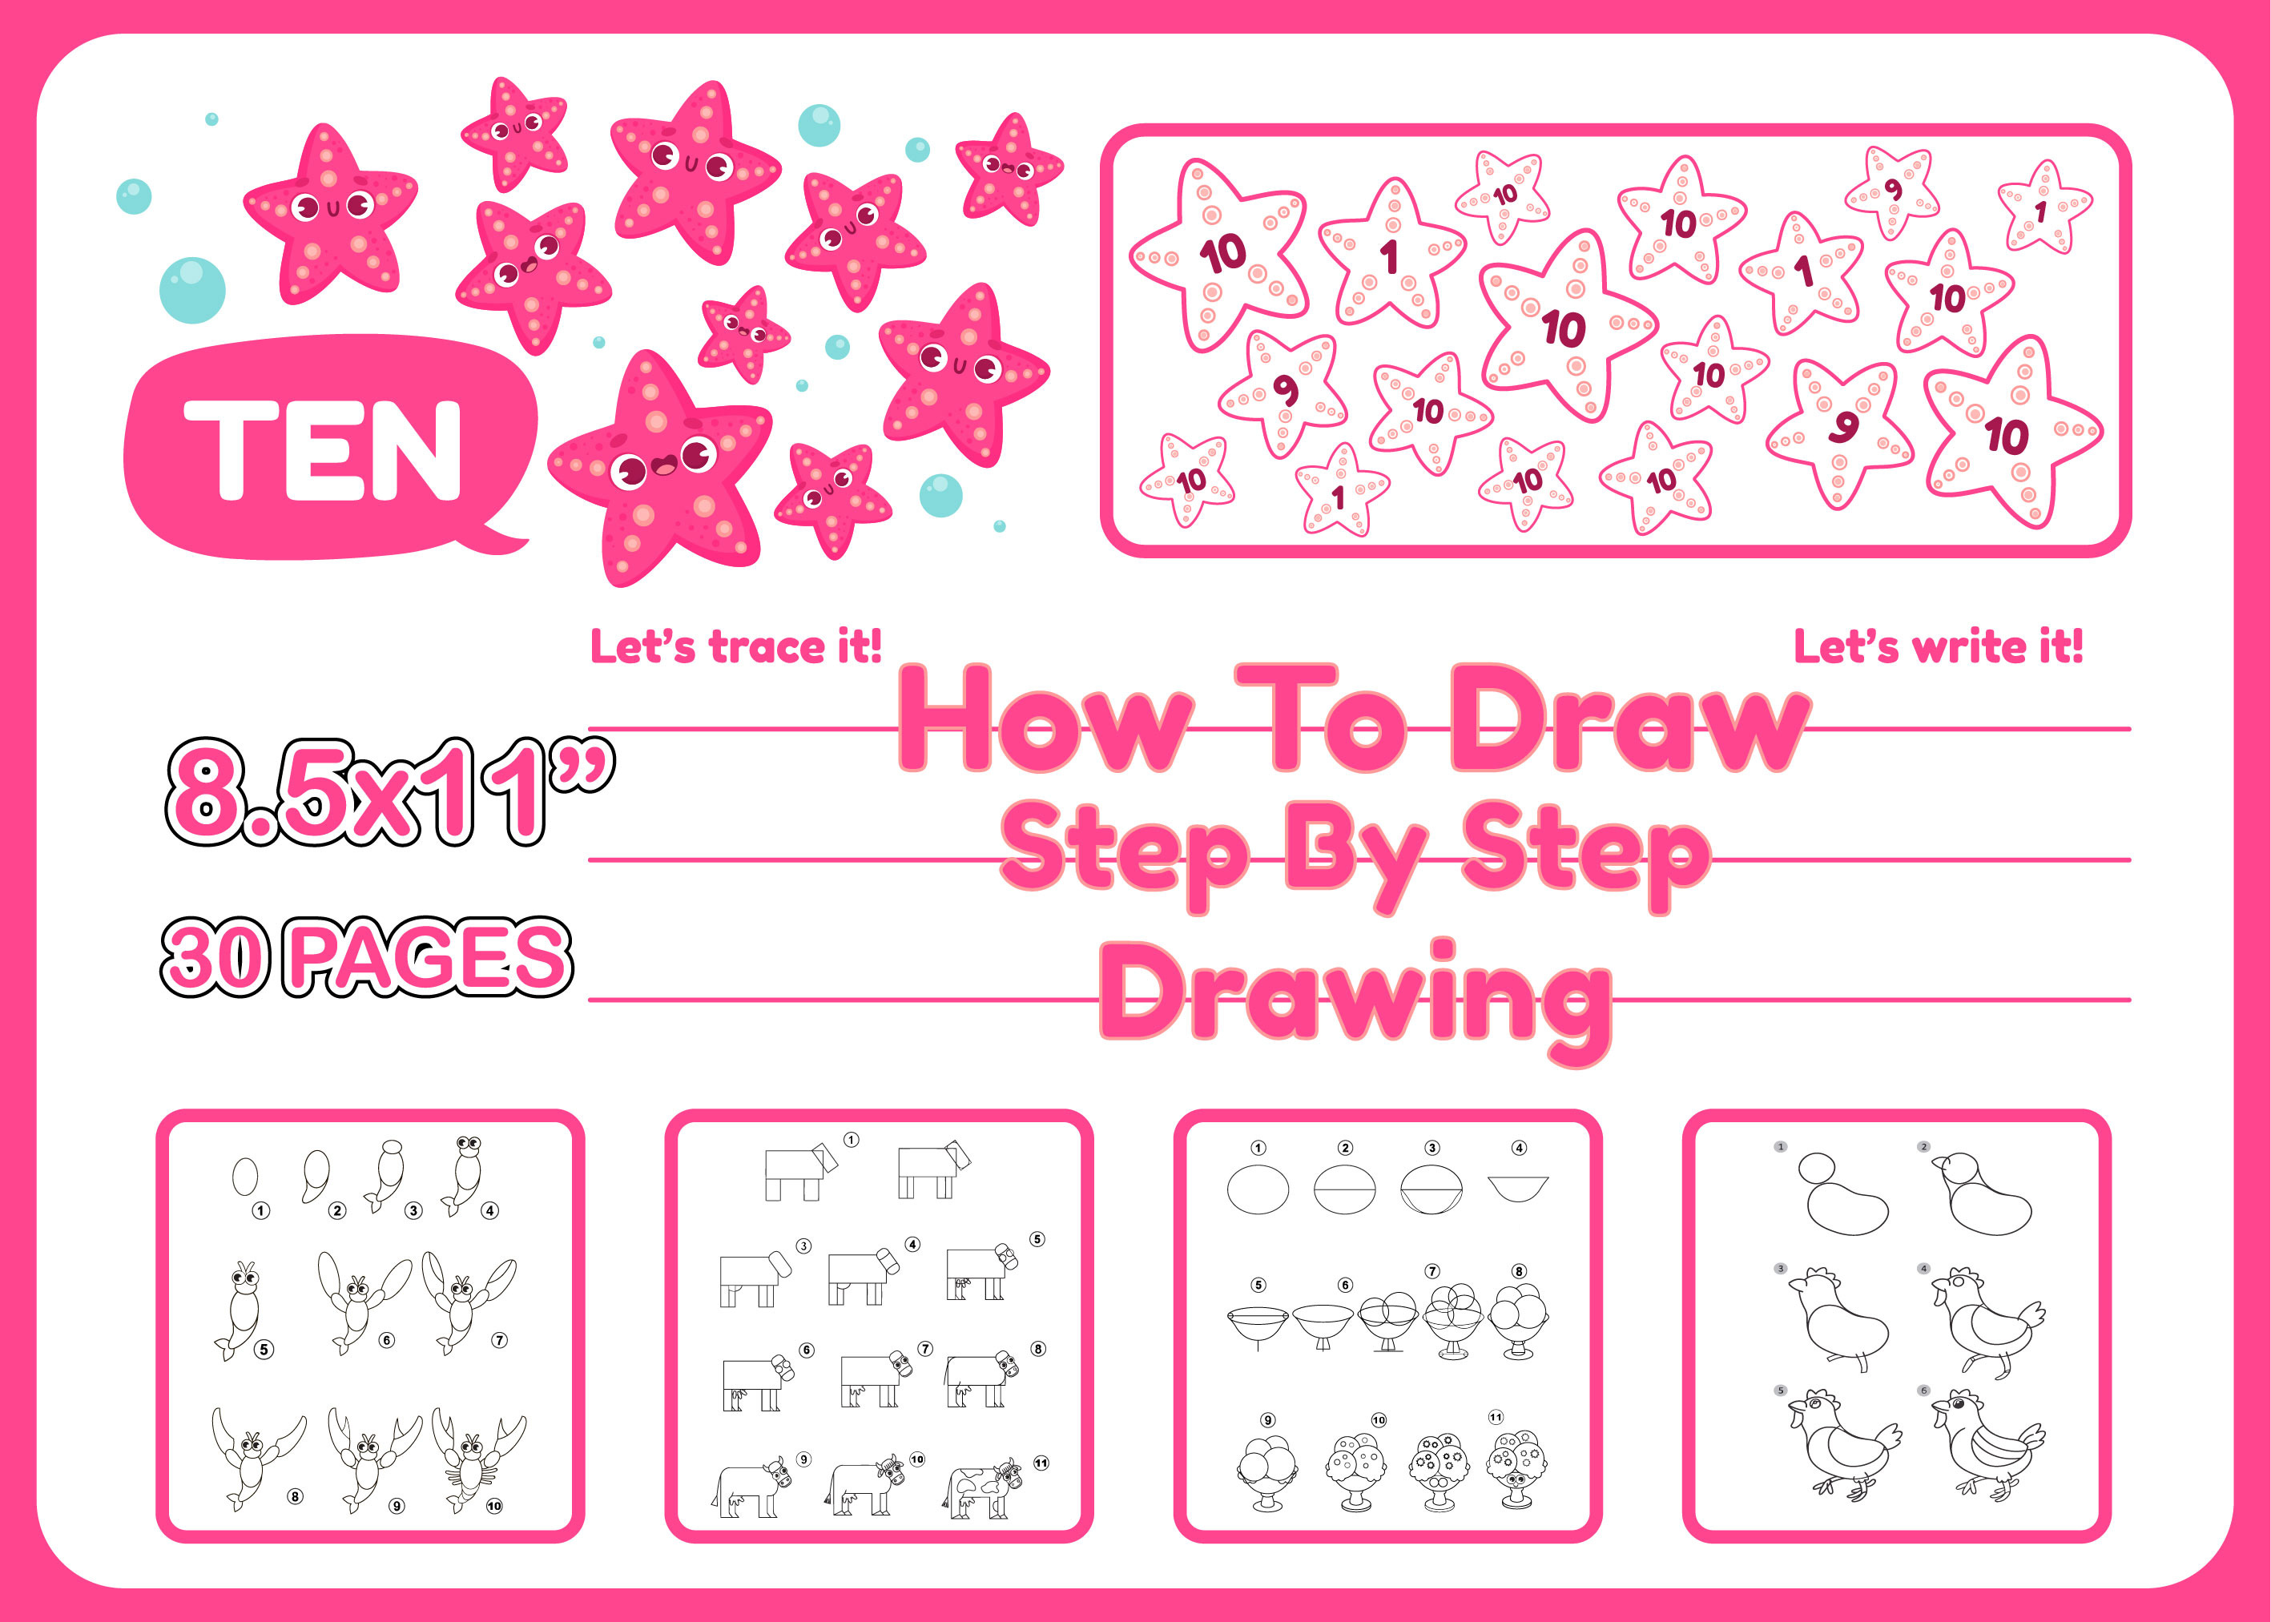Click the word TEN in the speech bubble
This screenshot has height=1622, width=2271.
point(323,449)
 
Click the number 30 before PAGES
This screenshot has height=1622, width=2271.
point(215,957)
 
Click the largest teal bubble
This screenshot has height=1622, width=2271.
point(193,290)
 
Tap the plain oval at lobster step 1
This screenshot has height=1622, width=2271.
point(244,1177)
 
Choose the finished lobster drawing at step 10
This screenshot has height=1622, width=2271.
point(478,1459)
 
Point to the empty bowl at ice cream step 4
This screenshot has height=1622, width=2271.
point(1518,1189)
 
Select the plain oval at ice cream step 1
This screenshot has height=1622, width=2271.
point(1258,1189)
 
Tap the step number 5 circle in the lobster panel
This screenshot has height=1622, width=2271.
point(264,1350)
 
